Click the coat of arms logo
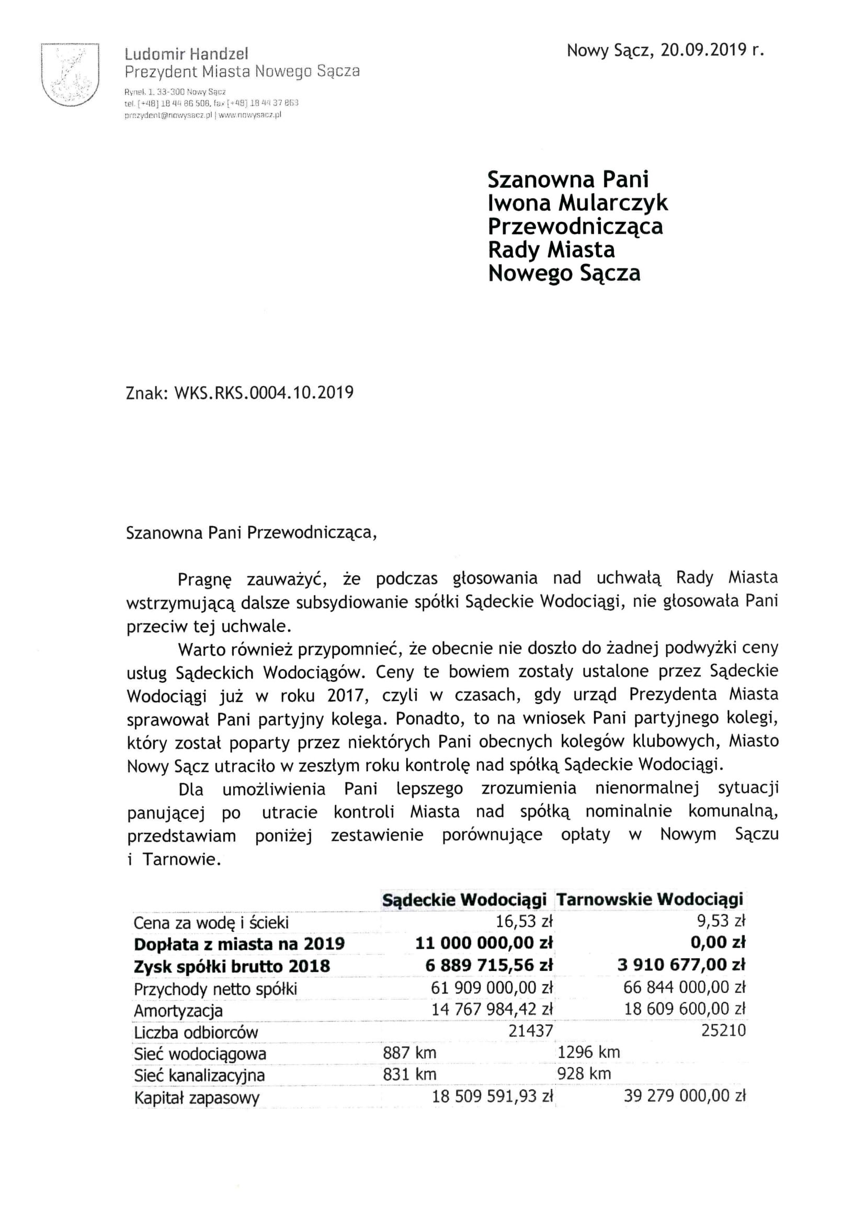pyautogui.click(x=70, y=75)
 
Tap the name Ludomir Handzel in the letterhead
pyautogui.click(x=186, y=54)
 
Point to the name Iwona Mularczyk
pyautogui.click(x=577, y=202)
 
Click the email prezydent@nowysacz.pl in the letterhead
pyautogui.click(x=168, y=115)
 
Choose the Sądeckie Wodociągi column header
pyautogui.click(x=464, y=900)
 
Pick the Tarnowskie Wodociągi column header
pyautogui.click(x=650, y=900)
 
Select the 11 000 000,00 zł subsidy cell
pyautogui.click(x=484, y=943)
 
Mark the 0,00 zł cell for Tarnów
pyautogui.click(x=718, y=943)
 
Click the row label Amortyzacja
pyautogui.click(x=178, y=1011)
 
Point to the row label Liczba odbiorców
pyautogui.click(x=196, y=1033)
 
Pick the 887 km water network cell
pyautogui.click(x=409, y=1052)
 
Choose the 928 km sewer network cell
pyautogui.click(x=584, y=1074)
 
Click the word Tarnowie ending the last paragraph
pyautogui.click(x=181, y=860)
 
